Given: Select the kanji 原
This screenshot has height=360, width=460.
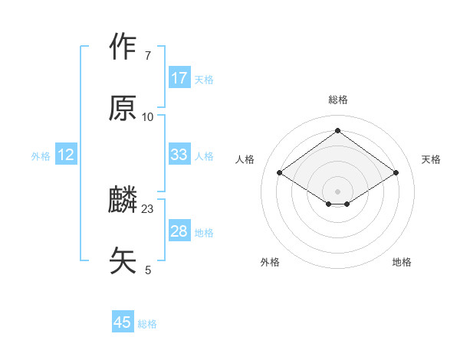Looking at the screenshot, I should [x=123, y=109].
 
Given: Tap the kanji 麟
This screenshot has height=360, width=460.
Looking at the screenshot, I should [x=123, y=201].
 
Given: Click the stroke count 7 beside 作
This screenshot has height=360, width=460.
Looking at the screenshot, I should [x=147, y=56].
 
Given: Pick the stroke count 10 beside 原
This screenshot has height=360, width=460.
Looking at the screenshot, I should [x=147, y=116].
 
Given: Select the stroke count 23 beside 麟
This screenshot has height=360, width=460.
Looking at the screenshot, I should [x=148, y=208].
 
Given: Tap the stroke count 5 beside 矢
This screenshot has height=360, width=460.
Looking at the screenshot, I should [x=148, y=270].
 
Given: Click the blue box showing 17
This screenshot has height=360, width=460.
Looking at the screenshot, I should [x=179, y=78].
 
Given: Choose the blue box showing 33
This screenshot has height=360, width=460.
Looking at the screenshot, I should [x=179, y=155].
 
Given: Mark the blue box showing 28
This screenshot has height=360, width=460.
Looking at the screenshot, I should [x=179, y=231].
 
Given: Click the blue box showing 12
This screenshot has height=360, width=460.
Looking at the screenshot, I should [x=66, y=155].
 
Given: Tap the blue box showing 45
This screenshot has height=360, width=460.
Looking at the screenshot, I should [x=123, y=322].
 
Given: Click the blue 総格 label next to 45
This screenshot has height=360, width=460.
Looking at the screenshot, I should [x=147, y=324].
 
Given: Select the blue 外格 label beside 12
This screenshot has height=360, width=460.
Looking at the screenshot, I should [x=41, y=156].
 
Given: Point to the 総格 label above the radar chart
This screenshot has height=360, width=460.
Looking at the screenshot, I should [x=337, y=100].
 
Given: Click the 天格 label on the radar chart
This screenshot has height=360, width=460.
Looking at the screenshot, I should [x=431, y=159].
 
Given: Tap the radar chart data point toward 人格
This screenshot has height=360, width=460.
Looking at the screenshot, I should [x=280, y=173].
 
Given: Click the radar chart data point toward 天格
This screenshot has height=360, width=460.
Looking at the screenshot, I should [x=396, y=173].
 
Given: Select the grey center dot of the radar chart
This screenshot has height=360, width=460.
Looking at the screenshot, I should [x=337, y=191].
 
